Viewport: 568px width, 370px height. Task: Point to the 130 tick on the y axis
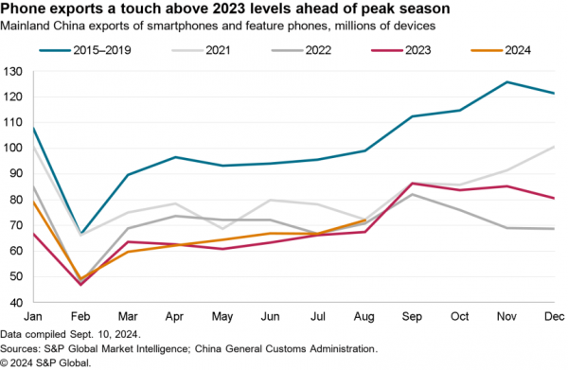12,72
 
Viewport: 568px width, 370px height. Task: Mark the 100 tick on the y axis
12,149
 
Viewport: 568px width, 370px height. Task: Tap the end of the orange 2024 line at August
364,220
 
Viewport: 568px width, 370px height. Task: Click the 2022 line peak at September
412,194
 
